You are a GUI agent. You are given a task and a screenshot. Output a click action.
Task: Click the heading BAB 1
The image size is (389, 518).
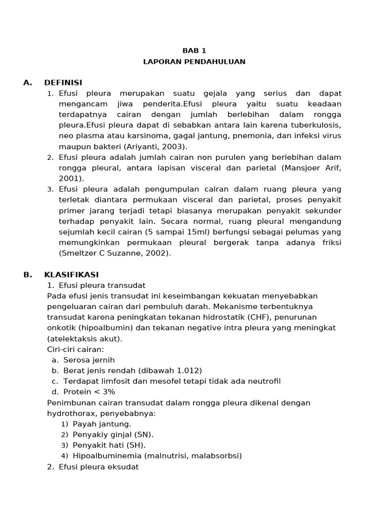194,51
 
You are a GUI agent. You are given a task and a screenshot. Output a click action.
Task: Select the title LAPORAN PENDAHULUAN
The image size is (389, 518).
194,62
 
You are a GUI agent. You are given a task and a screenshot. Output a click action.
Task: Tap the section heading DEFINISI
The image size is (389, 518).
63,83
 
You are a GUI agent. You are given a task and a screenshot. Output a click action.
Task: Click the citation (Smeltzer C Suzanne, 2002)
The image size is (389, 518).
115,253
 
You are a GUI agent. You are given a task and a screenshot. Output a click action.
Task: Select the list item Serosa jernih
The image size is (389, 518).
89,360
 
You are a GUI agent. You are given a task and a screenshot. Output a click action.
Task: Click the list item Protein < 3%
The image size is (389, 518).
89,392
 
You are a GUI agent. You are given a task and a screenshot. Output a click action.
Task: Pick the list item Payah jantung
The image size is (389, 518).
102,424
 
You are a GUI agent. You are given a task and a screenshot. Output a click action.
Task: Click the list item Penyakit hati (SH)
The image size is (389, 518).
109,445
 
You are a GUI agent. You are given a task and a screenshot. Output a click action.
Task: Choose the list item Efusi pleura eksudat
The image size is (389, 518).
98,467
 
